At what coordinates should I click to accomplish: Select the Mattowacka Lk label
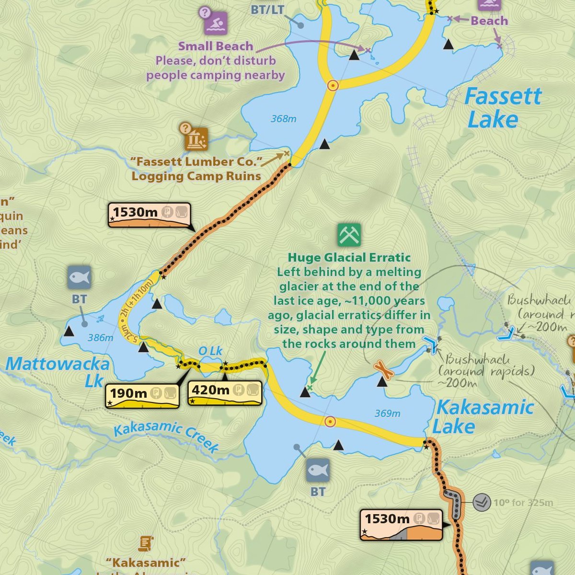[x=57, y=371]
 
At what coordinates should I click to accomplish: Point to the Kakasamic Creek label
[x=166, y=436]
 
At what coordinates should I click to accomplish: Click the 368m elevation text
[x=284, y=119]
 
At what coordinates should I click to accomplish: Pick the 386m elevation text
[x=101, y=338]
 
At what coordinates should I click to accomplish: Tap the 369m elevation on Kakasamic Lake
[x=387, y=414]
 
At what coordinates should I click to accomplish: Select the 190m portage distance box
[x=142, y=395]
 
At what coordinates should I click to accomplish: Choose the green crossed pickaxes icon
[x=349, y=235]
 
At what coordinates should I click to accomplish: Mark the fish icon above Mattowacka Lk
[x=79, y=277]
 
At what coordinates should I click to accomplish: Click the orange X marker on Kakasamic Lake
[x=383, y=369]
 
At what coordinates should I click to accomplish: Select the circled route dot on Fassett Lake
[x=333, y=86]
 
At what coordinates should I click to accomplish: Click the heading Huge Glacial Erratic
[x=349, y=258]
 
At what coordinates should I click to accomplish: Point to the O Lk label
[x=210, y=351]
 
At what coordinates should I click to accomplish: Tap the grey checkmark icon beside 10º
[x=482, y=502]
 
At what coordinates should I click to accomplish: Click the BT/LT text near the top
[x=267, y=10]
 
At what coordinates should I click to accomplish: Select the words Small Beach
[x=216, y=46]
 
